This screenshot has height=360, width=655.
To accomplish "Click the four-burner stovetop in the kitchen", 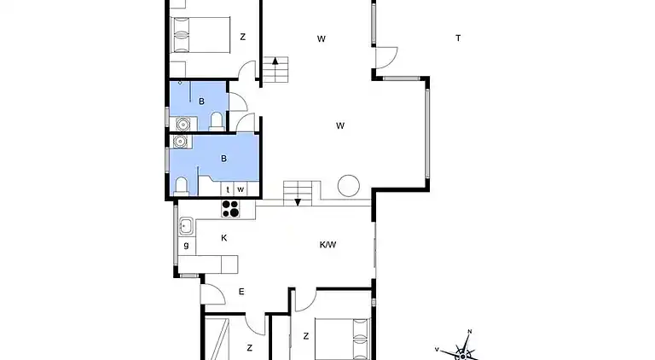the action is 230,209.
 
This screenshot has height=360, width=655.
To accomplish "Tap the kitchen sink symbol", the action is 186,226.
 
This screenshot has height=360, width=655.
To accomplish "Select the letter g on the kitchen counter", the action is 186,245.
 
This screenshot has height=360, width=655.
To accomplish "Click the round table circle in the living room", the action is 348,185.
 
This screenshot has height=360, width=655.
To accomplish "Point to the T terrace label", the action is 458,38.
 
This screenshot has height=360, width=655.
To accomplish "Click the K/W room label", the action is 327,245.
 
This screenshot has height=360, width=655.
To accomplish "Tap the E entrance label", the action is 241,292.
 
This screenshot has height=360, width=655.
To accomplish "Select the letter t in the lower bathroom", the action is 228,189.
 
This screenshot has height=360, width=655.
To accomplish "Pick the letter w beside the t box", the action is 241,189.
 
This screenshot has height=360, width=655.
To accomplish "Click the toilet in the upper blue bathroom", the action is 217,121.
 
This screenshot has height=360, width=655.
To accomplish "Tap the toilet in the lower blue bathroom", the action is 182,186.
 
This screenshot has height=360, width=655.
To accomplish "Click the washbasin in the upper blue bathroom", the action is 183,124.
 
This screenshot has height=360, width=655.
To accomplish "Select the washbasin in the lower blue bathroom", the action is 180,142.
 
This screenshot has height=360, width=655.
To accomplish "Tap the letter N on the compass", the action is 470,332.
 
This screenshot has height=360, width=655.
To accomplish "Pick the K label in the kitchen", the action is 224,238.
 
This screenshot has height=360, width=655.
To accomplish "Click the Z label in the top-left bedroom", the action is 243,38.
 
